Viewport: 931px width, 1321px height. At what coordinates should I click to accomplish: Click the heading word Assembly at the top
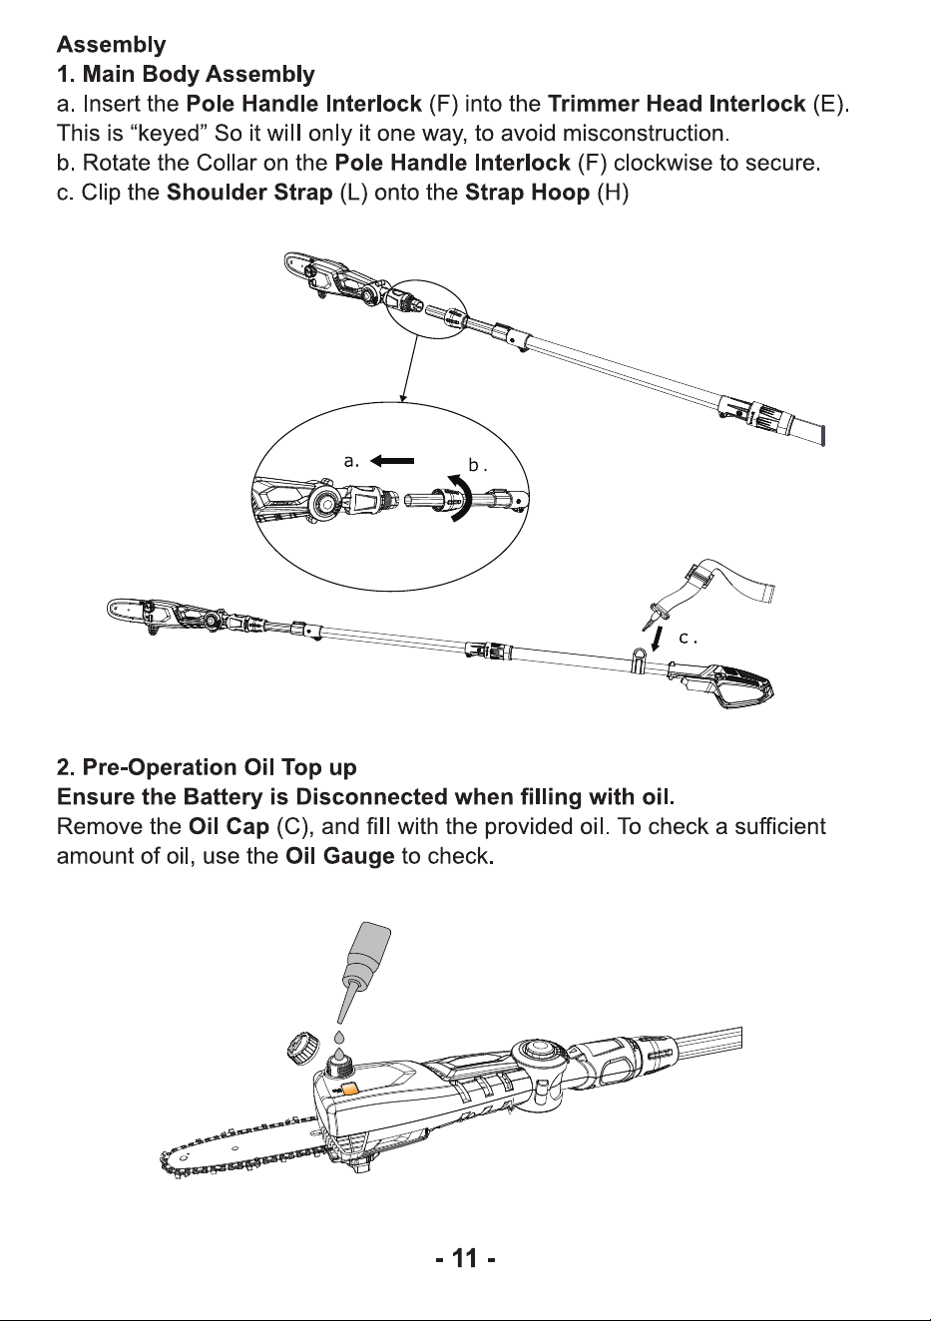[x=111, y=45]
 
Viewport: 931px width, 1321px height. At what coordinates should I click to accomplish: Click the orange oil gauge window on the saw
[x=350, y=1088]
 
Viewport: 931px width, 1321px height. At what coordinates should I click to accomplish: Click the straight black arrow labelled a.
[x=392, y=461]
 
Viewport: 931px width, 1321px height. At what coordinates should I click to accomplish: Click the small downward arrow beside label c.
[x=656, y=640]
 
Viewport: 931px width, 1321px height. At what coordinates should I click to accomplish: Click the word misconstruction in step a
[x=646, y=134]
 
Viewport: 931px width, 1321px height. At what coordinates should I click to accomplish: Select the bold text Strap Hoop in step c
[x=528, y=193]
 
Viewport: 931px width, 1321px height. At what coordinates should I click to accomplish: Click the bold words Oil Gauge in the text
[x=340, y=856]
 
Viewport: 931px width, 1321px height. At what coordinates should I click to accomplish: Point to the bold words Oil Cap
[x=229, y=826]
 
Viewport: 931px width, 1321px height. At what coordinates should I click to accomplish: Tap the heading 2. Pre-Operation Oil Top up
[x=207, y=767]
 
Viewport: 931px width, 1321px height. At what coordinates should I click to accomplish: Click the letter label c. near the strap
[x=688, y=638]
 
